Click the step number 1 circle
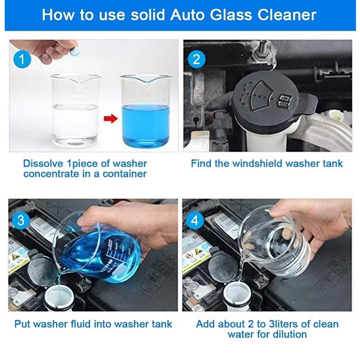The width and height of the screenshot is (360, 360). [x=22, y=59]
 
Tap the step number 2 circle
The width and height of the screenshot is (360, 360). [x=197, y=59]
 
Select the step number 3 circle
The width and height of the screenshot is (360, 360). [x=21, y=220]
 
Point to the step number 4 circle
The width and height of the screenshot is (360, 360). [x=195, y=220]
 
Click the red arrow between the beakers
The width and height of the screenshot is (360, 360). [x=111, y=119]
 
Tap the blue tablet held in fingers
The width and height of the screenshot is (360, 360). [x=75, y=52]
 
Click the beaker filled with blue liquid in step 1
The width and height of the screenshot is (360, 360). [x=145, y=111]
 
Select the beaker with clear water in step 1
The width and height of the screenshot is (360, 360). [x=76, y=110]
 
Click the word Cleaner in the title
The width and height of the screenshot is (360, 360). [x=287, y=15]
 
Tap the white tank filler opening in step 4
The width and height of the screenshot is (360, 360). [x=237, y=296]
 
